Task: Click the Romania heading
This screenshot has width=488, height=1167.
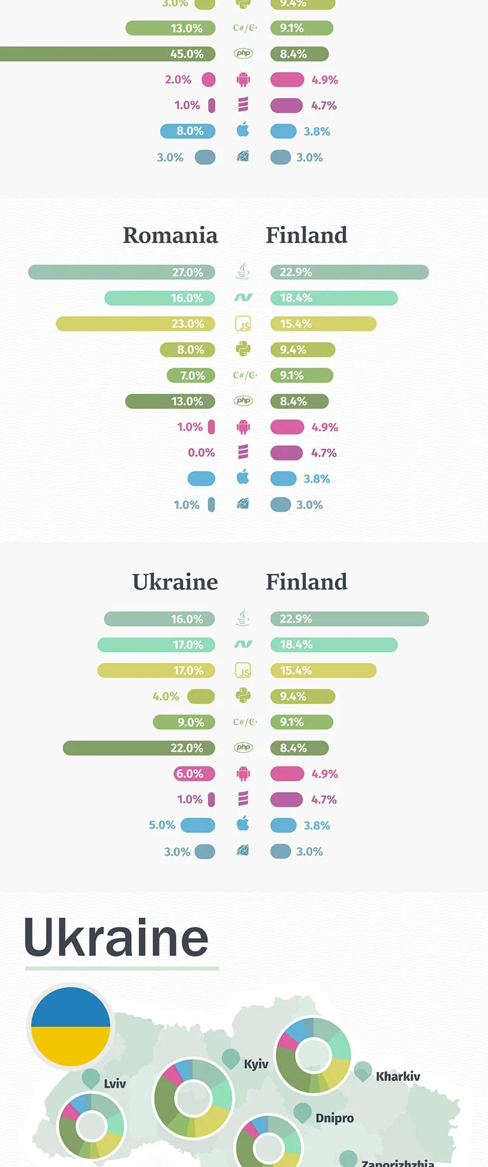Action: click(x=170, y=235)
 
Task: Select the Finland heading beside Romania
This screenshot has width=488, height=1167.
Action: click(x=307, y=235)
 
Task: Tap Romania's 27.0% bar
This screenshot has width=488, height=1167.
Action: click(x=121, y=272)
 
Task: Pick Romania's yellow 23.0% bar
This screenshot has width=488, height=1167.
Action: click(x=135, y=324)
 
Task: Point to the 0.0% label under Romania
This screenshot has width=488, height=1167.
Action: click(x=202, y=452)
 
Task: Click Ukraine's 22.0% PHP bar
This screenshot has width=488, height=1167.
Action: click(x=139, y=748)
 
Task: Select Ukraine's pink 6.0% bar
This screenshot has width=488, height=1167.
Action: click(x=194, y=774)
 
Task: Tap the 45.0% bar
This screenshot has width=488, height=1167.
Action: click(x=107, y=54)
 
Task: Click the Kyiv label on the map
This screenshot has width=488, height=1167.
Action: click(x=256, y=1064)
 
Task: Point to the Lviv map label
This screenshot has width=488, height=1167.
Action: click(x=115, y=1083)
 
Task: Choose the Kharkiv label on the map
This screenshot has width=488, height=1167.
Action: click(x=398, y=1077)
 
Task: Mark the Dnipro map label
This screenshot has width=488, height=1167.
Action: click(x=334, y=1118)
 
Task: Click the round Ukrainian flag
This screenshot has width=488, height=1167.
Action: click(x=71, y=1026)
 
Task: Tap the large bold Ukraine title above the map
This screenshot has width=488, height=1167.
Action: click(x=117, y=938)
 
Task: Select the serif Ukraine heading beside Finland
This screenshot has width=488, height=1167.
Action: click(x=175, y=582)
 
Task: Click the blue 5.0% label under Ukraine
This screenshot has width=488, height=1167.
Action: click(x=162, y=826)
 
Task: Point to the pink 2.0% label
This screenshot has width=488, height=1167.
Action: click(x=178, y=79)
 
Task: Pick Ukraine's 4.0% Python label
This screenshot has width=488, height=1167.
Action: click(x=166, y=696)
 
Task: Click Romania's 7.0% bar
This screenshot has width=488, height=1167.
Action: click(x=191, y=375)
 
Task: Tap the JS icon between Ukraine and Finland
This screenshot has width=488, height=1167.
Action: click(x=243, y=671)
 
